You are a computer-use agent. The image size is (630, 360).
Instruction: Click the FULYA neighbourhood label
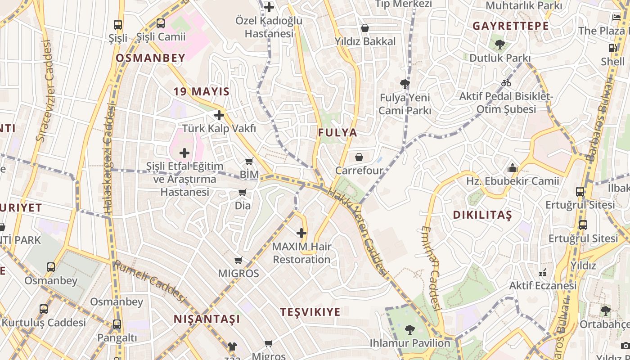[x=337, y=133]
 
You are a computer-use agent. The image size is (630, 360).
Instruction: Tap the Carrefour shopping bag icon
[x=359, y=157]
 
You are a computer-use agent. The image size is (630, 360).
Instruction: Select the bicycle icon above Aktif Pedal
[x=506, y=83]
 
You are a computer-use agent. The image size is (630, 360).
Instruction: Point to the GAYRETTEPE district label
[x=510, y=26]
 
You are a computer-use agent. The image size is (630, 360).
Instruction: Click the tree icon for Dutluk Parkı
[x=499, y=45]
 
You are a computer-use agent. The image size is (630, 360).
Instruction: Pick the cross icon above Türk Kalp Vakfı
[x=219, y=115]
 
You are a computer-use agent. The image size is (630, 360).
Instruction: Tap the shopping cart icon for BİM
[x=249, y=161]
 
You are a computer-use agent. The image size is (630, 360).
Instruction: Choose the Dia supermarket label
[x=243, y=206]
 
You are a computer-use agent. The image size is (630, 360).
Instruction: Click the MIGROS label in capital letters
[x=238, y=273]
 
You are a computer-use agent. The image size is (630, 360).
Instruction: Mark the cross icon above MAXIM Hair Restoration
[x=301, y=233]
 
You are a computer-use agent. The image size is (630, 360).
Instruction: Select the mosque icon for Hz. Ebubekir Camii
[x=512, y=168]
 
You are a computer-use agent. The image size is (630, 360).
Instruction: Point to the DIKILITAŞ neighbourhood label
[x=482, y=215]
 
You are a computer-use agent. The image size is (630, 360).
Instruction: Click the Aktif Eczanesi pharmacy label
[x=543, y=286]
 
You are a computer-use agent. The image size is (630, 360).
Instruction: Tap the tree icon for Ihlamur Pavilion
[x=409, y=330]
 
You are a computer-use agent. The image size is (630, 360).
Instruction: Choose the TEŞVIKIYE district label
[x=310, y=312]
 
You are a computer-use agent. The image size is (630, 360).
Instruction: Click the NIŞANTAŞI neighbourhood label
[x=207, y=319]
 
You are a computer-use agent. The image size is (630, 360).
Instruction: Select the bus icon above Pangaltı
[x=117, y=324]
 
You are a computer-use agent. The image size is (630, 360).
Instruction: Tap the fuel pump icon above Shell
[x=612, y=48]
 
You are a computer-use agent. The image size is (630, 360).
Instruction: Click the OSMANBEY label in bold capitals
[x=150, y=58]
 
